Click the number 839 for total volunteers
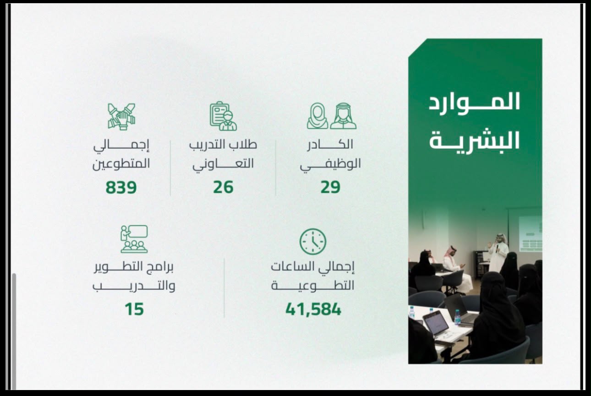(x=121, y=187)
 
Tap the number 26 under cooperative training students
(x=223, y=187)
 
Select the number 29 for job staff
(x=330, y=187)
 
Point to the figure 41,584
(x=313, y=309)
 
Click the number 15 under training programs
(x=134, y=309)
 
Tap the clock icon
(x=313, y=242)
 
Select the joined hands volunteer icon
(x=121, y=117)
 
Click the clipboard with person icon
(x=223, y=116)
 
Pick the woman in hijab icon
(x=317, y=116)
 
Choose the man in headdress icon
(x=343, y=116)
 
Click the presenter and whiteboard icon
(x=134, y=239)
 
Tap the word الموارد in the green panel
(x=474, y=102)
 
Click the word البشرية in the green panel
(x=474, y=141)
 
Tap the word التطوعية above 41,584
(x=313, y=286)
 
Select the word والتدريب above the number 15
(x=134, y=286)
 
